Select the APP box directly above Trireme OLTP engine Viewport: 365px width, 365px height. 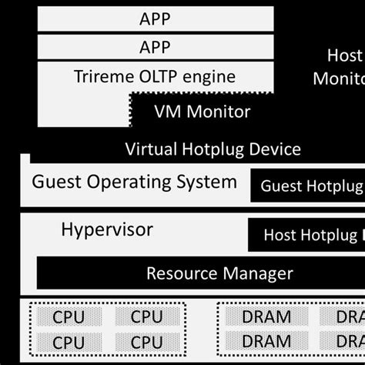pyautogui.click(x=155, y=48)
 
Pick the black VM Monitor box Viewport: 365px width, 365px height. pyautogui.click(x=203, y=112)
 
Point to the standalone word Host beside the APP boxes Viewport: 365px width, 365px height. pyautogui.click(x=343, y=55)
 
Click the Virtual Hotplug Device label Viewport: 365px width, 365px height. pyautogui.click(x=213, y=149)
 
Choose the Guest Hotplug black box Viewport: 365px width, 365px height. pyautogui.click(x=308, y=186)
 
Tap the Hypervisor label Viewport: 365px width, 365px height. pyautogui.click(x=106, y=229)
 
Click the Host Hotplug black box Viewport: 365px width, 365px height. pyautogui.click(x=308, y=234)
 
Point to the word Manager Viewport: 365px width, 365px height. pyautogui.click(x=258, y=273)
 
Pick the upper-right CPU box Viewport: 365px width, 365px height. pyautogui.click(x=146, y=316)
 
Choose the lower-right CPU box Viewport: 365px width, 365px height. pyautogui.click(x=146, y=342)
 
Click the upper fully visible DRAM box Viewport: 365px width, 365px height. pyautogui.click(x=266, y=316)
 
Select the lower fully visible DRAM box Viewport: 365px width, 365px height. pyautogui.click(x=266, y=342)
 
